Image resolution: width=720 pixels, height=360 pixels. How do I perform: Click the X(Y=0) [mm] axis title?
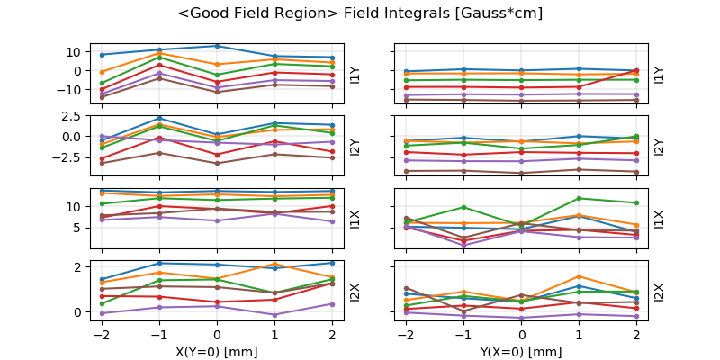pos(216,352)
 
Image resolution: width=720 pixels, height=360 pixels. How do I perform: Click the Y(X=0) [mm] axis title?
pos(521,352)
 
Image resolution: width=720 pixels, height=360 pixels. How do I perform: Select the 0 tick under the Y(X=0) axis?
pos(522,335)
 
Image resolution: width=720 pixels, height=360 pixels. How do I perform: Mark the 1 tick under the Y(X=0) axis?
pos(580,335)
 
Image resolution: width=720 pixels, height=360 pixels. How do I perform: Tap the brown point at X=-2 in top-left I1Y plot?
pos(102,96)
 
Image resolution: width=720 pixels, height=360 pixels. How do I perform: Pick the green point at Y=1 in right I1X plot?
pos(579,198)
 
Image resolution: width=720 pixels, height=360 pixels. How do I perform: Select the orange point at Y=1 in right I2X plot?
pos(579,276)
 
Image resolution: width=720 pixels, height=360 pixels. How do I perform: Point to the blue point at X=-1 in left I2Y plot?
pos(159,118)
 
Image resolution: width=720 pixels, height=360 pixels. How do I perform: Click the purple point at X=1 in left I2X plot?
pos(274,315)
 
